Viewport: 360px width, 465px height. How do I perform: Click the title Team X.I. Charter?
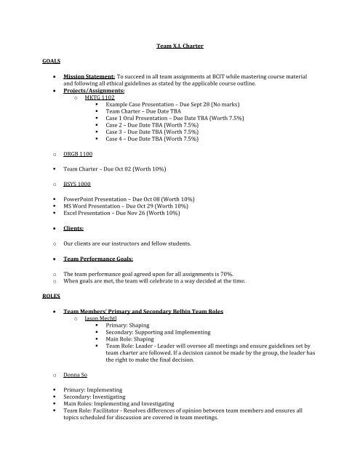[180, 46]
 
